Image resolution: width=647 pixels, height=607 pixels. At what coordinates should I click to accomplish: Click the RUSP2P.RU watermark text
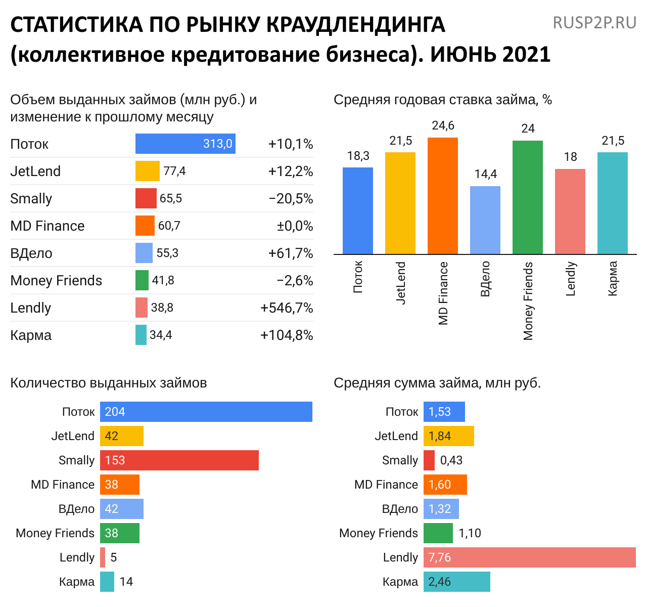point(594,23)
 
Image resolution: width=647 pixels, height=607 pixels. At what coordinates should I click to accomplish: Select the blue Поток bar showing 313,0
point(185,144)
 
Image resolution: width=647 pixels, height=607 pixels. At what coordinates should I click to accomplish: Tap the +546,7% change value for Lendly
point(287,308)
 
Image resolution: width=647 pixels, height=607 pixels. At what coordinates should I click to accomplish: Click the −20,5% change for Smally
point(291,198)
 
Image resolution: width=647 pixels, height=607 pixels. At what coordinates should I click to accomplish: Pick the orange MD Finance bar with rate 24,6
point(443,196)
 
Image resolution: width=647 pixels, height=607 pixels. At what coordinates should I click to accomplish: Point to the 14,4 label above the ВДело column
point(485,174)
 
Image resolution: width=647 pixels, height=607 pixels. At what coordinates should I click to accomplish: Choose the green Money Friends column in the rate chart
point(528,197)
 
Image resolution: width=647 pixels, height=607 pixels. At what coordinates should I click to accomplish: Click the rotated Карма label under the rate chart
point(613,278)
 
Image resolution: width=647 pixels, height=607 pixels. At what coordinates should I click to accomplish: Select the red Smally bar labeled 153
point(179,460)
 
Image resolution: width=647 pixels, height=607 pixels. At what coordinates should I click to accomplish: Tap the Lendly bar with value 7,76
point(529,557)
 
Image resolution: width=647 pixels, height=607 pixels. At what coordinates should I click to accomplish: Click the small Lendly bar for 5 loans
point(103,557)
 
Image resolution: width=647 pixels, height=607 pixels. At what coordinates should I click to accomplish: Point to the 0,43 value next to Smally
point(451,460)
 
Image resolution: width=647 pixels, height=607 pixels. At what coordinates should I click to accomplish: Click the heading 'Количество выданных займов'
point(109,383)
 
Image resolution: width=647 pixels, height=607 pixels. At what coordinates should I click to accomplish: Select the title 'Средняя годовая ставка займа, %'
point(443,100)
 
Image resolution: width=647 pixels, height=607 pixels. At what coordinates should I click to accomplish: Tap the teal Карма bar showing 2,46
point(457,582)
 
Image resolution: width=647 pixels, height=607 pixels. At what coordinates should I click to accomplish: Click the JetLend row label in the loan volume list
point(35,171)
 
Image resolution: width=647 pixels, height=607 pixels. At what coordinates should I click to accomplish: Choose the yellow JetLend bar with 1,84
point(449,436)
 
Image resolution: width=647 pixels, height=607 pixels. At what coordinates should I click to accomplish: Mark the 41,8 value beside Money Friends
point(163,280)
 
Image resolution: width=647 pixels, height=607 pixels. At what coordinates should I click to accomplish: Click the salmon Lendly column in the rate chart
point(570,211)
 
